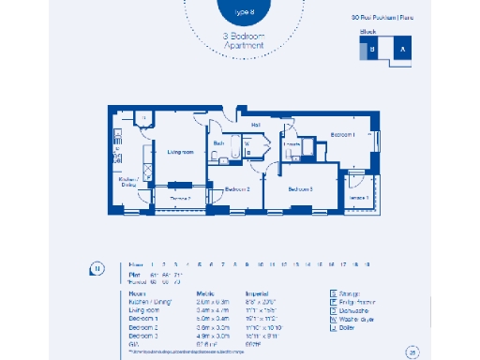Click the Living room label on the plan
point(180,151)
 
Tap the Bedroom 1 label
point(343,135)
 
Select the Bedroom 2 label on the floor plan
point(237,189)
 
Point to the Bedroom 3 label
point(300,189)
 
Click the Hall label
point(255,123)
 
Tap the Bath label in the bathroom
point(217,142)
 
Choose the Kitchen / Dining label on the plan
point(128,183)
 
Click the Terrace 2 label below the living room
point(180,199)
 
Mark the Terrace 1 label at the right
point(359,198)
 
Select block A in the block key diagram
point(403,51)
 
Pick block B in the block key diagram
point(372,51)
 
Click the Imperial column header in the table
point(259,292)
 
